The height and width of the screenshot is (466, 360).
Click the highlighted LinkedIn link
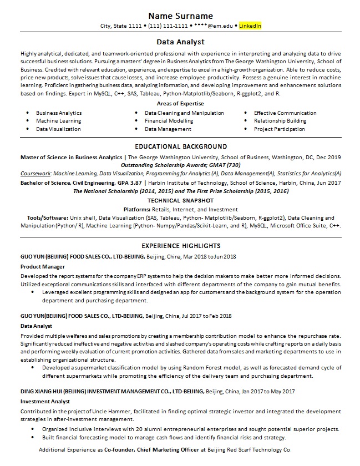(x=250, y=26)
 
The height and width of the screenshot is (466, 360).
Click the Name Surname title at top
(x=180, y=16)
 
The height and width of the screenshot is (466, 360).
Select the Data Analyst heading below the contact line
(x=180, y=42)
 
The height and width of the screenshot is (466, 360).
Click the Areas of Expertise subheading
(x=180, y=104)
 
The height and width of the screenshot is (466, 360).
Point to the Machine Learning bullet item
(x=59, y=120)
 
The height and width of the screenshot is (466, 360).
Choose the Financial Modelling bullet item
(x=169, y=120)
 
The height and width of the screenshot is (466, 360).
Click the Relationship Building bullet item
(x=280, y=120)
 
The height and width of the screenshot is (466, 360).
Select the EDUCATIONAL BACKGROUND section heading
(x=180, y=146)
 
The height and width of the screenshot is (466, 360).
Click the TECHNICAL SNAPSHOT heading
(x=180, y=200)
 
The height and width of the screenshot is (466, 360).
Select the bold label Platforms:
(x=136, y=210)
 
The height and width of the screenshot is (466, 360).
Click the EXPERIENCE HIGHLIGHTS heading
(x=180, y=246)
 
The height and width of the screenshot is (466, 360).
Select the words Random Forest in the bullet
(x=151, y=367)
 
